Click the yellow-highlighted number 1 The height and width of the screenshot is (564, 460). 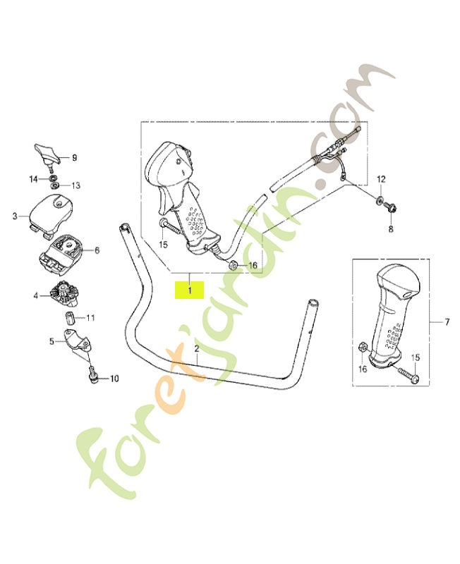189,290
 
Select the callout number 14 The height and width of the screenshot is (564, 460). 33,179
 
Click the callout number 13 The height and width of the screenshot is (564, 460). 75,185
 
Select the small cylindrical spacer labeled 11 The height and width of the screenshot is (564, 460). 69,318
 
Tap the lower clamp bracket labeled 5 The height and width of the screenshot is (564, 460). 78,342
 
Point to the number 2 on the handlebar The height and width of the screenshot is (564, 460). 197,348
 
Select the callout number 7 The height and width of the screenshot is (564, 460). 447,322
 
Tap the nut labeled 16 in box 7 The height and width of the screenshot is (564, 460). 363,347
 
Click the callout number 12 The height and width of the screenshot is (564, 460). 381,179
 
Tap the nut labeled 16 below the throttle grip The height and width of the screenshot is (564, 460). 232,266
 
